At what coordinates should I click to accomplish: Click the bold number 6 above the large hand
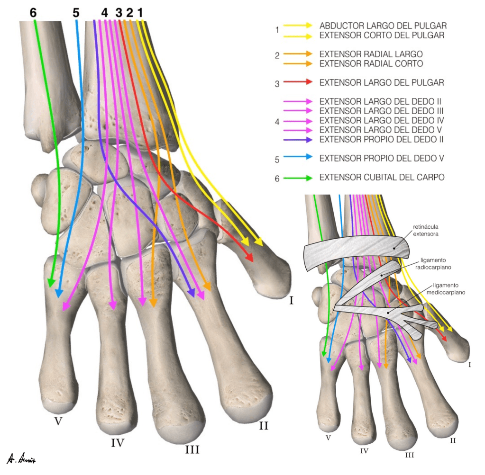coord(33,12)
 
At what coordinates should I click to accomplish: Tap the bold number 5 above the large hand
coord(76,12)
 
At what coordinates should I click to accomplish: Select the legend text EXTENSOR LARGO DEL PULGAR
coord(382,82)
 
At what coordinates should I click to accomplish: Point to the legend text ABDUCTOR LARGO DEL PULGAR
coord(383,26)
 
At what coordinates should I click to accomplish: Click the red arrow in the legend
coord(298,82)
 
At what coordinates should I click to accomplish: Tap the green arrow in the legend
coord(298,178)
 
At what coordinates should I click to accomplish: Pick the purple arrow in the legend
coord(298,140)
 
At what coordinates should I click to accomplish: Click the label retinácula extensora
coord(426,230)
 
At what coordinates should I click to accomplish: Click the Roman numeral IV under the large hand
coord(118,443)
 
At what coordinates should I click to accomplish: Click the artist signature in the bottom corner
coord(21,459)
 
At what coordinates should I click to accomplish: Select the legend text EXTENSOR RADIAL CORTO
coord(371,63)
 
